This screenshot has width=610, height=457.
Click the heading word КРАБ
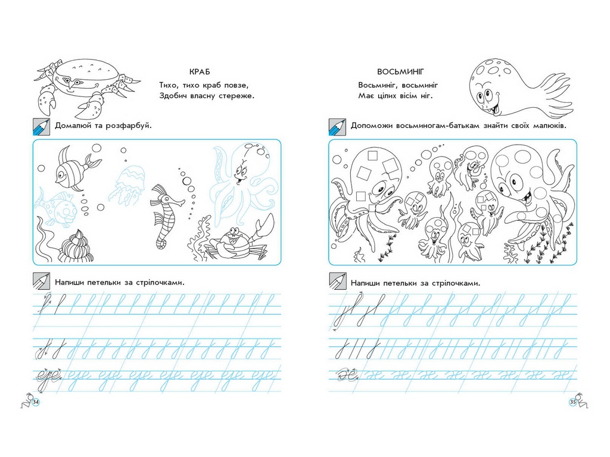coord(200,72)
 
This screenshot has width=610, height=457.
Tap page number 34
coord(36,402)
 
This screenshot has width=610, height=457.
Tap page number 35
coord(572,402)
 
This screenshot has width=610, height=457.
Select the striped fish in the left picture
coord(76,168)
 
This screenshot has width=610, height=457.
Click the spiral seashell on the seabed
coord(77,247)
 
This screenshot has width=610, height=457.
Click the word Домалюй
coord(73,126)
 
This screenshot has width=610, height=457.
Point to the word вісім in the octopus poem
coord(407,96)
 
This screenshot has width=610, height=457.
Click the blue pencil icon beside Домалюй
coord(41,127)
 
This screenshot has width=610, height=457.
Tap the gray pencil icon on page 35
coord(337,281)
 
